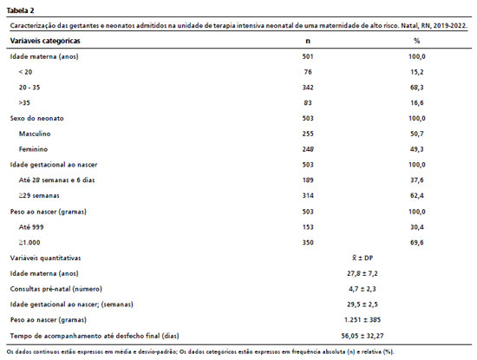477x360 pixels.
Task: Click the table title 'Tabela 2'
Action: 21,10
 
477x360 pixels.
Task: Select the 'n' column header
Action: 308,41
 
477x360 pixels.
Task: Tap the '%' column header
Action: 417,41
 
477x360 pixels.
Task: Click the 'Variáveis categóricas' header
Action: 45,41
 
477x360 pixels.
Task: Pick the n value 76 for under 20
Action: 308,72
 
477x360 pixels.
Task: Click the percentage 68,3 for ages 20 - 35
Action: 417,88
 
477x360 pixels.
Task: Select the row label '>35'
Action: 24,103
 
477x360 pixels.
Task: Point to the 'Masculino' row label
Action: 35,134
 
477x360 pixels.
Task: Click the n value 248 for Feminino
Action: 308,149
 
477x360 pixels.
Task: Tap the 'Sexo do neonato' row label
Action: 36,118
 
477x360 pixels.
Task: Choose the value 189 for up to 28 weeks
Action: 308,180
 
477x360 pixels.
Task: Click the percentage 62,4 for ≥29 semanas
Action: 417,195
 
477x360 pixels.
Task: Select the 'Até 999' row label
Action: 31,227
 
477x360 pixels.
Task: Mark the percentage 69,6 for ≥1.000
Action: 417,243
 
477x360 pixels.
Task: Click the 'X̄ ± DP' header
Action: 363,258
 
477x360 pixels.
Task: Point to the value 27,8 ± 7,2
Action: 363,273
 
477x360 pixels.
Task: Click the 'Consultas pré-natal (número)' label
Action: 56,289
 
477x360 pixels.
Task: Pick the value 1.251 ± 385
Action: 363,320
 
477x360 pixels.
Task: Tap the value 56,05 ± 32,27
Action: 363,336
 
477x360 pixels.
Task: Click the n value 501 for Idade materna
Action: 308,56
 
